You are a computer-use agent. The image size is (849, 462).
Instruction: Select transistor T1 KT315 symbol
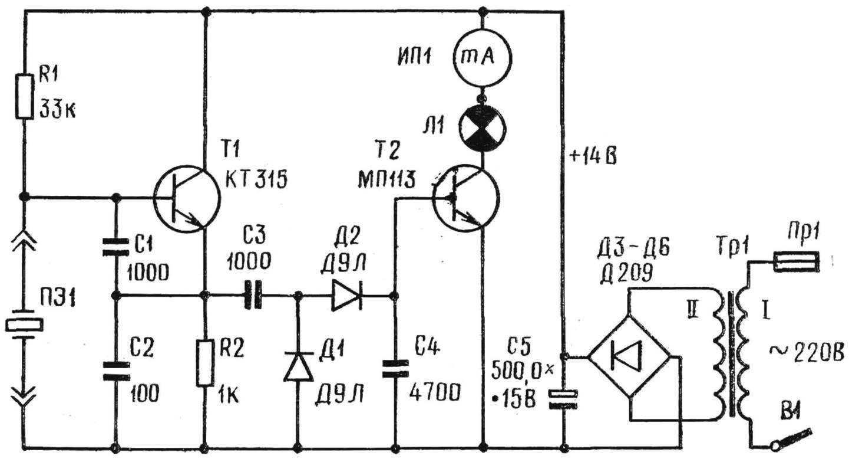187,198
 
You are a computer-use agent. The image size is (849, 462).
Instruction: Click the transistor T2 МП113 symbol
466,198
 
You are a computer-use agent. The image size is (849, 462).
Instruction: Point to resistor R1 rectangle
24,97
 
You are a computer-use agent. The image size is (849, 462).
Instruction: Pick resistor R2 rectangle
205,363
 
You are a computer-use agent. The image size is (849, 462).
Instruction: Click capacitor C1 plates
115,247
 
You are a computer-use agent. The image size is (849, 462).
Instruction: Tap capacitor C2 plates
115,371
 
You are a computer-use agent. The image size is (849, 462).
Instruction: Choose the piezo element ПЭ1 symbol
24,325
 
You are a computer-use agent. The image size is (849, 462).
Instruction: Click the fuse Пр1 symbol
796,261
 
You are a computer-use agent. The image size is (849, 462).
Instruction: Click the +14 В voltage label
592,156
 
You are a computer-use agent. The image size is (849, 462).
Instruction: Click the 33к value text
57,110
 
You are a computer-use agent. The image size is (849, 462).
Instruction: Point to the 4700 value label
435,393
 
